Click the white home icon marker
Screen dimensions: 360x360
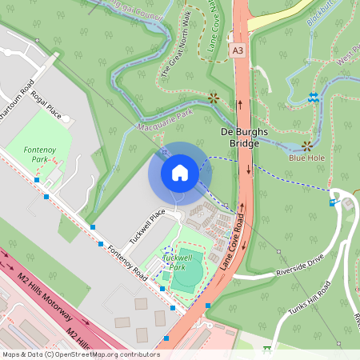tap(180, 172)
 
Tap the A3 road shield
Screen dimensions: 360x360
tap(238, 50)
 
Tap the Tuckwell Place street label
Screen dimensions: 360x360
tap(146, 226)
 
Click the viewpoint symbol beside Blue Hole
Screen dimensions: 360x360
tap(307, 146)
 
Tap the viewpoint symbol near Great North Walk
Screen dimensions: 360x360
tap(214, 98)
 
